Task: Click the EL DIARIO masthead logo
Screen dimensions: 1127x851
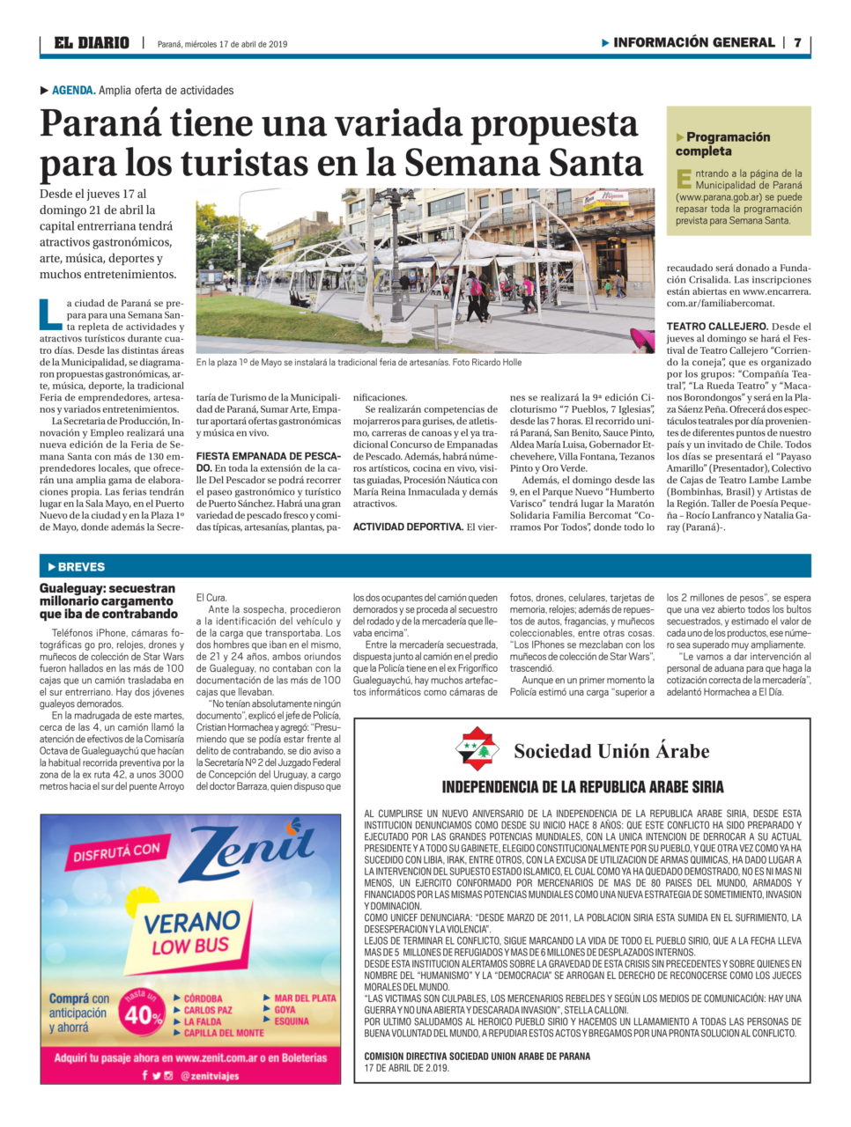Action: click(x=91, y=43)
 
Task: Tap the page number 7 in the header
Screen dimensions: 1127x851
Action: click(x=797, y=42)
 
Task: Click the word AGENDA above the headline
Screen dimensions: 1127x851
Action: click(x=73, y=90)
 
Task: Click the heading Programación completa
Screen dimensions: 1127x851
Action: click(x=722, y=144)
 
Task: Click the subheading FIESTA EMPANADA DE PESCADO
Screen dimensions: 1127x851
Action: click(x=268, y=460)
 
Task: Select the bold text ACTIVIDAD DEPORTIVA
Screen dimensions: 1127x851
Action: click(x=408, y=527)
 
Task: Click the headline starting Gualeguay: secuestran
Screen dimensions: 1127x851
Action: click(x=107, y=600)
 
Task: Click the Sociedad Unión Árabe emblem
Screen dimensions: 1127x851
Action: click(x=476, y=749)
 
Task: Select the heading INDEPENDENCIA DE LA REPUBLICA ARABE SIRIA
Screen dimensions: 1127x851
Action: click(x=582, y=787)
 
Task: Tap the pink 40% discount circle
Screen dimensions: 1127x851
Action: click(x=144, y=1013)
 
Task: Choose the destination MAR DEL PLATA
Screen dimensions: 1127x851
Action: click(x=304, y=998)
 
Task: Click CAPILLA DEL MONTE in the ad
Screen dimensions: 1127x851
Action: click(x=224, y=1033)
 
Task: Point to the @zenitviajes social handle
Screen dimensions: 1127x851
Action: click(x=210, y=1076)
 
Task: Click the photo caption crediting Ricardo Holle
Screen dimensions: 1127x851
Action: click(x=359, y=362)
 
